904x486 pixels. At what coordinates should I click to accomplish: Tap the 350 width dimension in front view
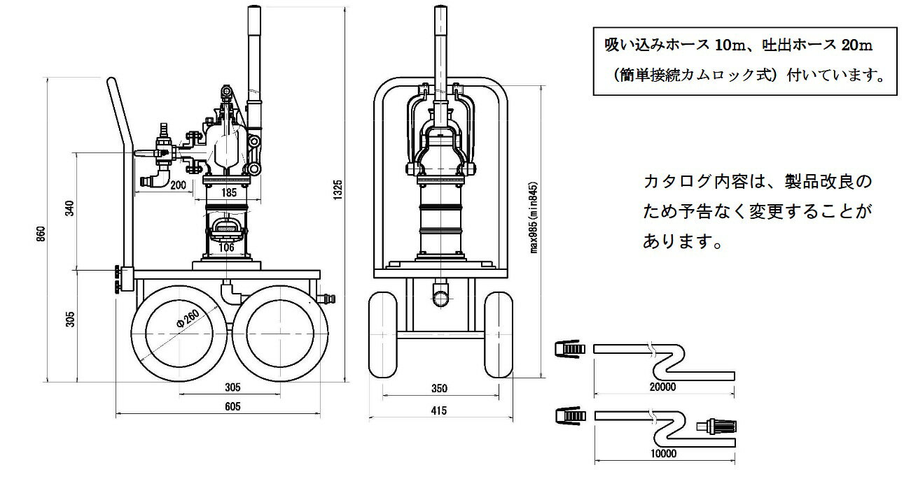[439, 389]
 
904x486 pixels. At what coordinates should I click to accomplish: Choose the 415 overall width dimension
[439, 410]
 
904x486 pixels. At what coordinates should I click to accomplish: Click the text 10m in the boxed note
[732, 45]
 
